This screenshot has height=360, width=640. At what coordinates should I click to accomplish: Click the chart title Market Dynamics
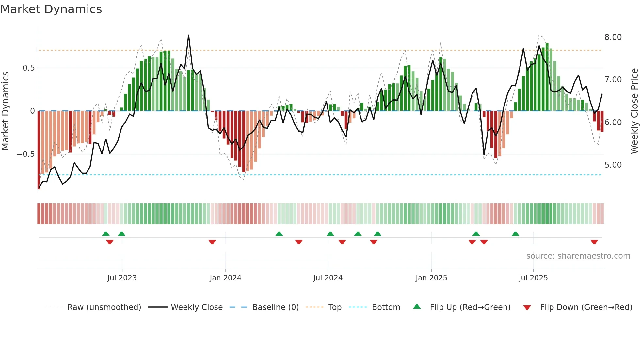click(x=51, y=9)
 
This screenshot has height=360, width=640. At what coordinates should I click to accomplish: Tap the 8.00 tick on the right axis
click(x=613, y=37)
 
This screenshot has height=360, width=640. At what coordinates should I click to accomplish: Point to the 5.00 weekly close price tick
click(x=613, y=165)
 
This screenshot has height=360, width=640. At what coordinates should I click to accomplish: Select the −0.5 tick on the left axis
click(x=25, y=154)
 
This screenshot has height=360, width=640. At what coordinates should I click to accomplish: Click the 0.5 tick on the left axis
click(x=28, y=68)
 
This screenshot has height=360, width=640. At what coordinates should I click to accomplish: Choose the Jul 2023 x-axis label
click(x=122, y=278)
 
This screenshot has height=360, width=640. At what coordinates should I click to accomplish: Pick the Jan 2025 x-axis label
click(x=431, y=278)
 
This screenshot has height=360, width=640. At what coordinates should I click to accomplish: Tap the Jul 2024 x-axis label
click(x=328, y=278)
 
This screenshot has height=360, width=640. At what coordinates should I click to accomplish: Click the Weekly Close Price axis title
click(x=634, y=111)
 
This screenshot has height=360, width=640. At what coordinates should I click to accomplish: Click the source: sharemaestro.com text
click(x=578, y=256)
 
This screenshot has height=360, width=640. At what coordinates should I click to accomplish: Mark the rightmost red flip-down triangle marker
click(x=594, y=242)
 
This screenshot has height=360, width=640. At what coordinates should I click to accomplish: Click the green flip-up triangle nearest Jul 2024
click(x=330, y=234)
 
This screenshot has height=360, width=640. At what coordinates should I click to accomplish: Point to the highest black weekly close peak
click(x=188, y=35)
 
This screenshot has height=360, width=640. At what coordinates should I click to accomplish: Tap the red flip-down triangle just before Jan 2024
click(x=212, y=242)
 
